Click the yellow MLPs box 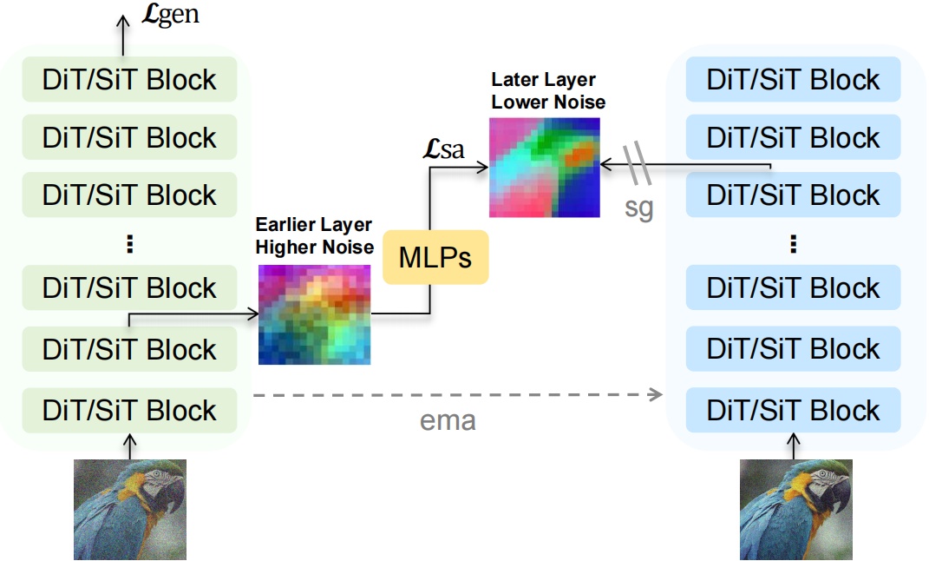tap(435, 257)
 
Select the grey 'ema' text tap(448, 422)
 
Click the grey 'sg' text tap(638, 208)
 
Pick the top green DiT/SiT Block tap(129, 80)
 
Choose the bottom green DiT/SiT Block tap(129, 410)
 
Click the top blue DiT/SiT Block tap(793, 80)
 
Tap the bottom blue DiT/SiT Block tap(793, 410)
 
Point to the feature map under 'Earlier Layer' tap(315, 313)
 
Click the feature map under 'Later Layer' tap(546, 167)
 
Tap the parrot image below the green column tap(129, 509)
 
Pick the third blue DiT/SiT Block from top tap(793, 195)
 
